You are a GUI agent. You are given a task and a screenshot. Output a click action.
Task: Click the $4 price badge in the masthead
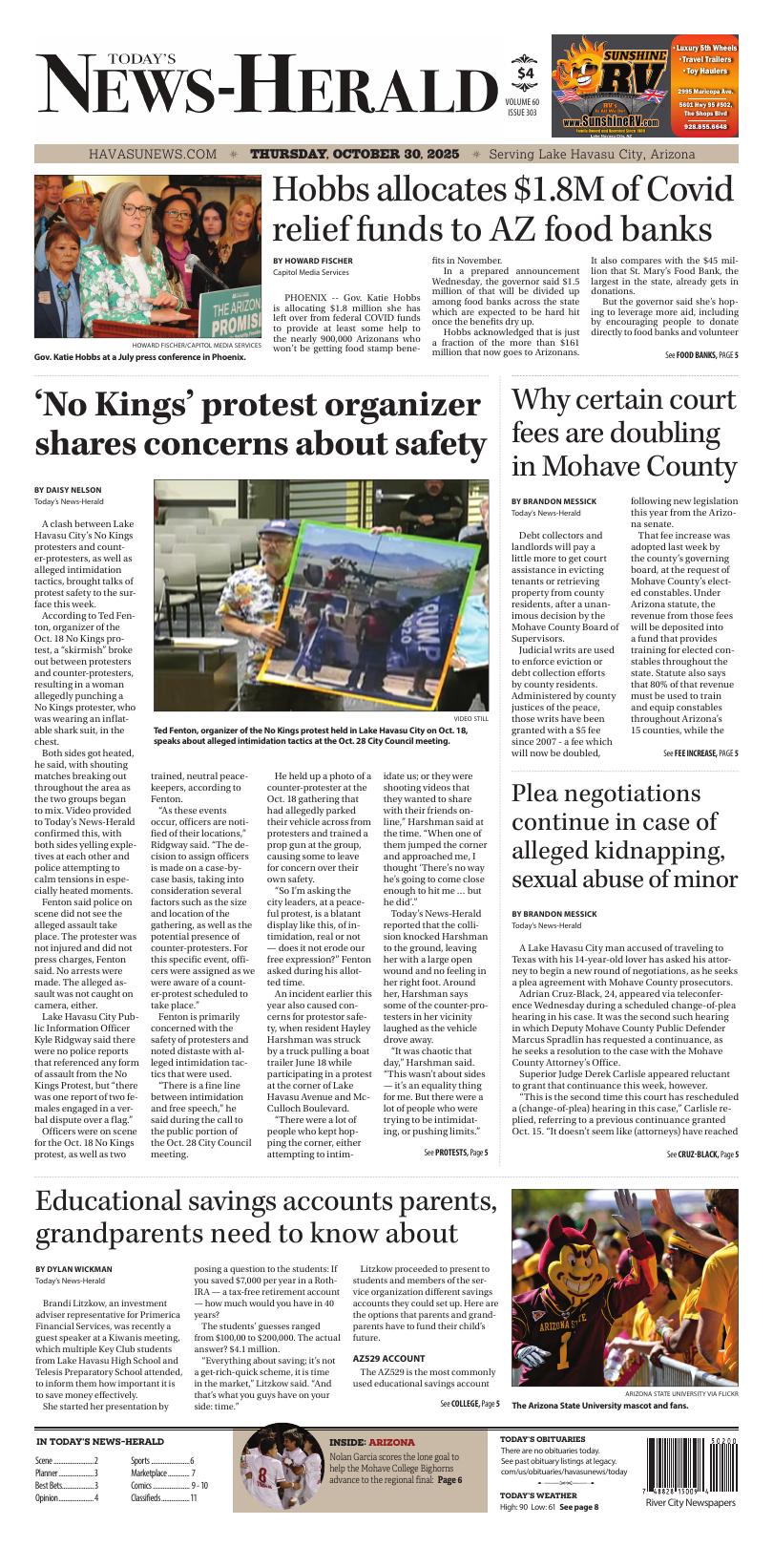[526, 74]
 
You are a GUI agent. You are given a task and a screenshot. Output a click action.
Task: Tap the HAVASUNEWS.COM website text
[153, 154]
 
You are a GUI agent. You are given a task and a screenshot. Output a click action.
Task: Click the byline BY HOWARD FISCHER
[312, 261]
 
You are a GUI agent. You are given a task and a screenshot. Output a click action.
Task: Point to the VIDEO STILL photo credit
[470, 718]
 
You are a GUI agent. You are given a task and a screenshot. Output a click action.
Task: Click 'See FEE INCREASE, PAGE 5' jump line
[700, 753]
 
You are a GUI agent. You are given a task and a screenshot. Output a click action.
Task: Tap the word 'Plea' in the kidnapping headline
[540, 794]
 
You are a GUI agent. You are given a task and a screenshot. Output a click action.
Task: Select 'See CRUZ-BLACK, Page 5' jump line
[701, 1155]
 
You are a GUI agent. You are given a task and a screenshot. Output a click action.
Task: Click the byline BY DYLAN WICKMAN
[73, 1269]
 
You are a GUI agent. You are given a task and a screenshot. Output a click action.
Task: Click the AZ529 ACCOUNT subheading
[388, 1358]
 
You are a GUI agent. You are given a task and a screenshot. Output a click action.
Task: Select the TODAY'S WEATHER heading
[538, 1495]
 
